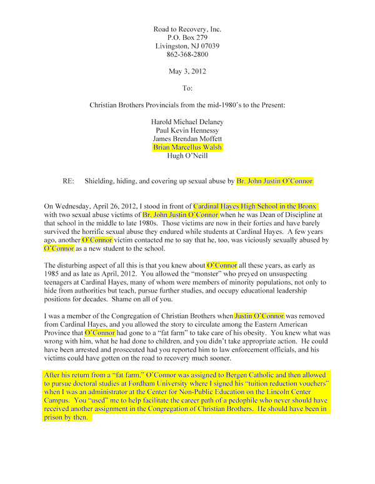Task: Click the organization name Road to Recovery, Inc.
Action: point(187,29)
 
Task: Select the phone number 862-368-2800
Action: point(187,55)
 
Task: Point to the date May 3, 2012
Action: point(187,72)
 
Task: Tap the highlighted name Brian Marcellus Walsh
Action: point(187,147)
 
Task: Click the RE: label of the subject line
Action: point(69,181)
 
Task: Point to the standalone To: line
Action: point(187,89)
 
